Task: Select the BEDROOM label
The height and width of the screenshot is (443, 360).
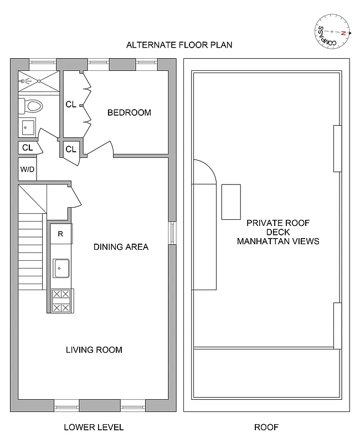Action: coord(129,112)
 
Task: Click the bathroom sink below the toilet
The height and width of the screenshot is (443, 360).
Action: coord(27,127)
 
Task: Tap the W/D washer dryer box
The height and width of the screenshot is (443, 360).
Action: coord(27,169)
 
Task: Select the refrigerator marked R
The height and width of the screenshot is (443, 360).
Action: coord(61,234)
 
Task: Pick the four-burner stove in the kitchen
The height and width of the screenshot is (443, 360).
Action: coord(61,301)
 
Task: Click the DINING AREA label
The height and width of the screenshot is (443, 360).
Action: coord(121,247)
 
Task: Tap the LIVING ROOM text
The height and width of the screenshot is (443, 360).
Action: coord(94,350)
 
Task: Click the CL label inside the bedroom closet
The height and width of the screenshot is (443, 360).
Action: coord(71,104)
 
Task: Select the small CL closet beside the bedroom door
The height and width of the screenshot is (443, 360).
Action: coord(71,149)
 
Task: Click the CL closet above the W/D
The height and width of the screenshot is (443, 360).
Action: coord(27,148)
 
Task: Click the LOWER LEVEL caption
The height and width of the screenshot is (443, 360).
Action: coord(94,427)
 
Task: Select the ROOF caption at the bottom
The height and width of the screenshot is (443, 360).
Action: coord(266,427)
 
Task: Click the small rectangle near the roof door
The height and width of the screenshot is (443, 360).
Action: coord(232,202)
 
